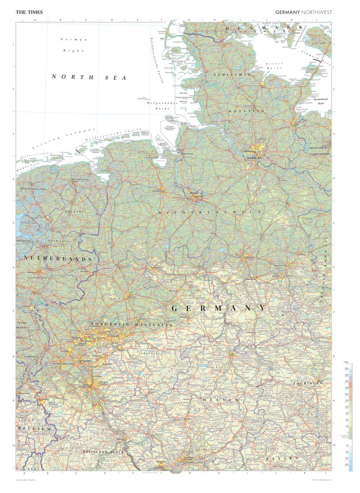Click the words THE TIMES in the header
click(29, 12)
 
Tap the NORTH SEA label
click(89, 77)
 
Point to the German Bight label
click(73, 45)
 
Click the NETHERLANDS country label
click(58, 259)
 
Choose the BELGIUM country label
click(35, 429)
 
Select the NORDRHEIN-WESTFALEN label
click(132, 324)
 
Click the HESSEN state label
click(221, 400)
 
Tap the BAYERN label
click(282, 458)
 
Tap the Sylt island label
click(163, 39)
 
